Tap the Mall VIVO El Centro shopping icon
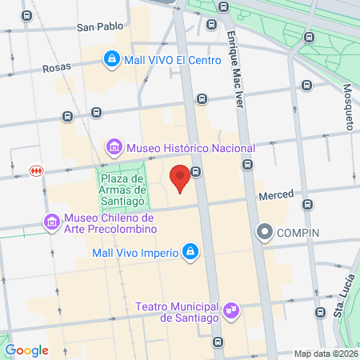[113, 58]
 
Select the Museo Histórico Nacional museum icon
[114, 148]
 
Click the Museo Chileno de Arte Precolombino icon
[52, 221]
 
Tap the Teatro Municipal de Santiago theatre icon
[232, 309]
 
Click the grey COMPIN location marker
[265, 233]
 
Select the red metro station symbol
[35, 170]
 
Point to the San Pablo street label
[100, 26]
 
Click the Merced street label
[276, 194]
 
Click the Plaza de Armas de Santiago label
[122, 190]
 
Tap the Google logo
[26, 350]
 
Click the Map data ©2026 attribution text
[326, 354]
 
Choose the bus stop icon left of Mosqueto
[306, 85]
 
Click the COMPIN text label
[298, 233]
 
